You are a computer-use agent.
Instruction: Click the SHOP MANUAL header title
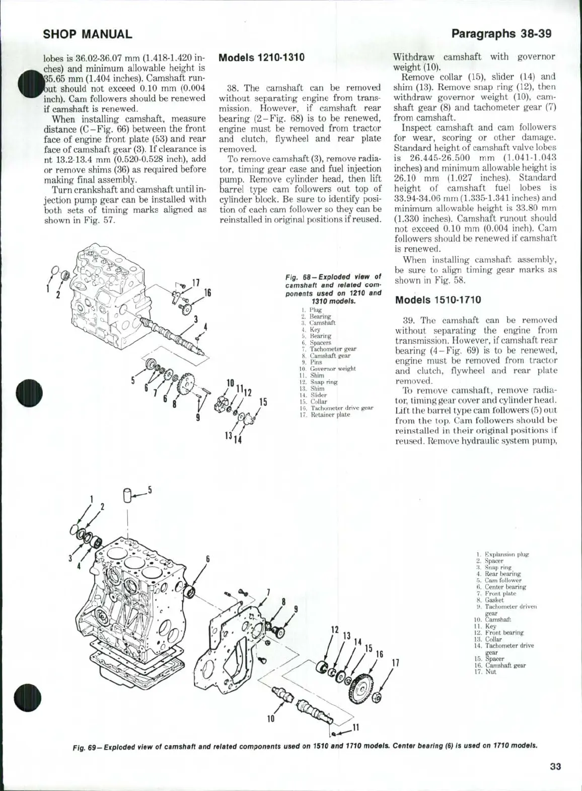click(88, 34)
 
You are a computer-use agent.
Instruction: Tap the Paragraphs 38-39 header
click(501, 34)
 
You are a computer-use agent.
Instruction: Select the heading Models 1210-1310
click(262, 57)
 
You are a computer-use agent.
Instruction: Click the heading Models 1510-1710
click(438, 300)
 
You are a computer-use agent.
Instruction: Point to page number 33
click(555, 767)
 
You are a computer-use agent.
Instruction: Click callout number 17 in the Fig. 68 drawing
click(196, 282)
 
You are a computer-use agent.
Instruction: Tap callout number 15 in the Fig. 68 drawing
click(263, 402)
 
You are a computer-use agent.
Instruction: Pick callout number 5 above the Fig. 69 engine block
click(150, 490)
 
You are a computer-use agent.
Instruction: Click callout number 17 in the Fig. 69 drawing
click(395, 663)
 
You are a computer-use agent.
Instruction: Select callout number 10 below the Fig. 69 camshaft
click(271, 719)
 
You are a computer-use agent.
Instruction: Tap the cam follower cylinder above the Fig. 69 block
click(128, 496)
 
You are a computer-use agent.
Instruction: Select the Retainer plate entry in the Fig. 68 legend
click(330, 415)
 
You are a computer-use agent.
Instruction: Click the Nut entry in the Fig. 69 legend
click(490, 672)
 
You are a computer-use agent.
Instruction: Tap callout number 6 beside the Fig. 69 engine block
click(207, 559)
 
